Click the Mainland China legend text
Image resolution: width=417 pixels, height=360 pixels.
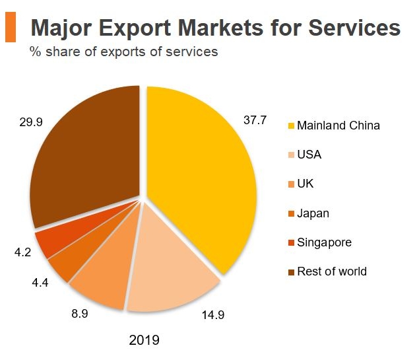[x=338, y=126]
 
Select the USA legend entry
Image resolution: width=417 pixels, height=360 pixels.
[x=309, y=155]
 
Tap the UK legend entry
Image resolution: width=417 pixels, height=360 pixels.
[x=305, y=184]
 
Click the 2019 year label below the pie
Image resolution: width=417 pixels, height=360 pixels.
[x=144, y=341]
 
